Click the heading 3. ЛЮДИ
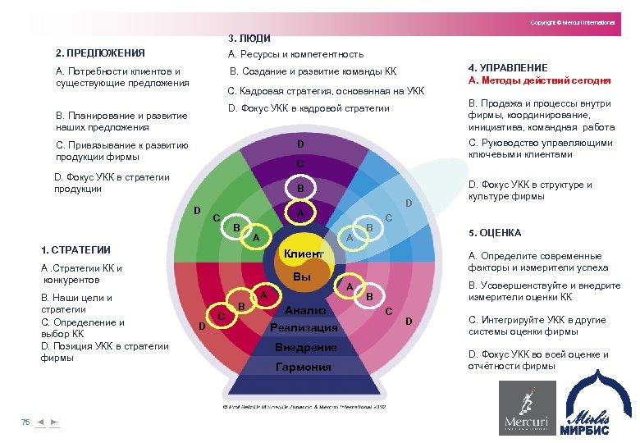click(x=249, y=38)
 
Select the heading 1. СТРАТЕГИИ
click(x=75, y=250)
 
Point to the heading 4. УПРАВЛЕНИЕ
click(x=508, y=67)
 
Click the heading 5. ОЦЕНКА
click(x=494, y=233)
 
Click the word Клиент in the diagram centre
click(x=303, y=255)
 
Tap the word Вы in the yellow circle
click(x=302, y=279)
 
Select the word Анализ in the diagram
click(x=305, y=311)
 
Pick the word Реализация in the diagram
click(x=304, y=328)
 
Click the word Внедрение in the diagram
click(x=305, y=348)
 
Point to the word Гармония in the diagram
click(x=304, y=367)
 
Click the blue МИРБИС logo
click(x=592, y=403)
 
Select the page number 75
click(x=25, y=422)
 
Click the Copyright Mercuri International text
click(x=572, y=22)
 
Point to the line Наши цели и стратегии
click(x=76, y=304)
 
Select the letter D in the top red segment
click(x=300, y=144)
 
